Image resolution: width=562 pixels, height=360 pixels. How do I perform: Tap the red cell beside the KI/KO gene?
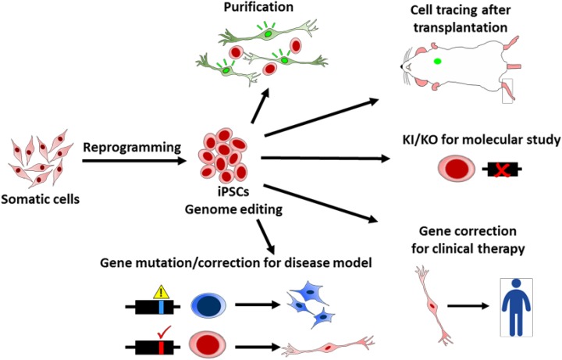coord(452,172)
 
